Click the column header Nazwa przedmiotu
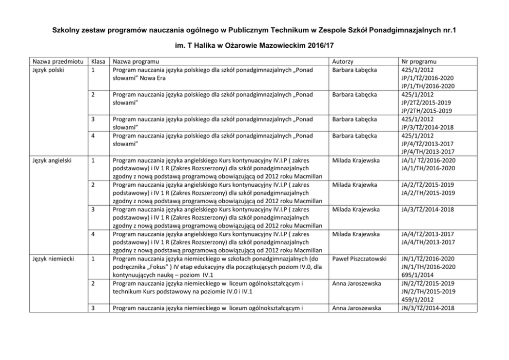click(56, 61)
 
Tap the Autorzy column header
click(343, 61)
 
